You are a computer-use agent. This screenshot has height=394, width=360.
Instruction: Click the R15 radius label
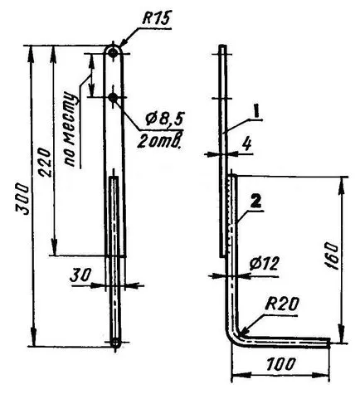click(157, 18)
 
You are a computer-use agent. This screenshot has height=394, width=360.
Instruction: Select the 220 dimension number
click(45, 163)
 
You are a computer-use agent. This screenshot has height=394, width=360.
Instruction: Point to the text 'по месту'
click(71, 129)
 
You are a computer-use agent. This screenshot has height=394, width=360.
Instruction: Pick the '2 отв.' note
click(160, 141)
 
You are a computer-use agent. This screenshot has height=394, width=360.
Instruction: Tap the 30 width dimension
click(80, 275)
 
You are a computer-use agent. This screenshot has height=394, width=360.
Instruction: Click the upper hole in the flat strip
click(113, 53)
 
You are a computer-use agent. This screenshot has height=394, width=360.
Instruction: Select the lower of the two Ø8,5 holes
click(113, 97)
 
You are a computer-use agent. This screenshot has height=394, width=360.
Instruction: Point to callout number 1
click(256, 112)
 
